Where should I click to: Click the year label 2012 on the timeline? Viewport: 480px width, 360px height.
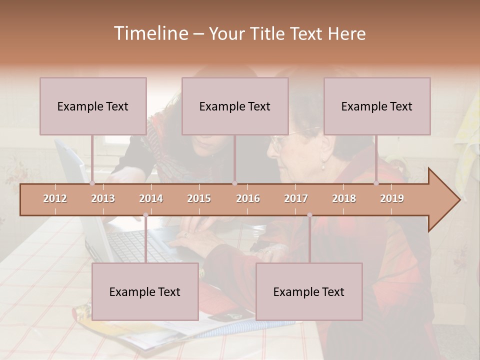tap(55, 198)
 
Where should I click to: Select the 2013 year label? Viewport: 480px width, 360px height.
tap(103, 198)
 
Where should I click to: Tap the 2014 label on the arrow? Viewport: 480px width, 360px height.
tap(151, 198)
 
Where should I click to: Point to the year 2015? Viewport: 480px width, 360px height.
tap(199, 198)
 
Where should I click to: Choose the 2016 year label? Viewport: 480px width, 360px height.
tap(248, 198)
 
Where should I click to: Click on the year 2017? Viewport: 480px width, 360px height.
tap(296, 198)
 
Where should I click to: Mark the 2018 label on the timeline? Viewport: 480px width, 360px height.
tap(344, 198)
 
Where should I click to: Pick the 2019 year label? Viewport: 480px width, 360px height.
tap(392, 198)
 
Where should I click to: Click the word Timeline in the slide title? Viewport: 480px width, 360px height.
tap(149, 33)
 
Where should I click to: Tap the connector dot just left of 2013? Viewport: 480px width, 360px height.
tap(92, 183)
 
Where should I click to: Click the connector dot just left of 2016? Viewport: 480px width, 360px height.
tap(234, 183)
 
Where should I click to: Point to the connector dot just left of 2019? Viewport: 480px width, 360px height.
tap(376, 183)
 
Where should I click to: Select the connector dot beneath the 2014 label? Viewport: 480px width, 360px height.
tap(145, 215)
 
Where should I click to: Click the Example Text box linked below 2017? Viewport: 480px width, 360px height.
tap(309, 291)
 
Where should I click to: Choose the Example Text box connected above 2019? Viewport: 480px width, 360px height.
tap(377, 106)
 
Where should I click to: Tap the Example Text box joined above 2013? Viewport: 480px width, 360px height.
tap(93, 106)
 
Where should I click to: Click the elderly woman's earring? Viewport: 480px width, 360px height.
tap(323, 167)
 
